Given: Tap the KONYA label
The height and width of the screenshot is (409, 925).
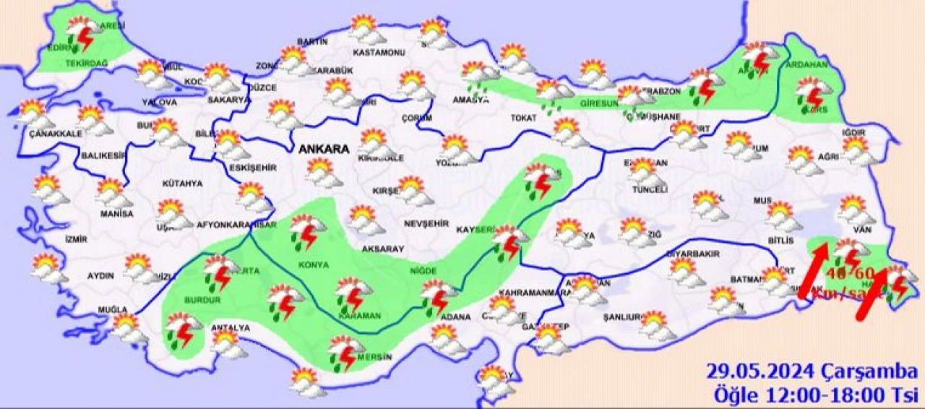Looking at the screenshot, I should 313,264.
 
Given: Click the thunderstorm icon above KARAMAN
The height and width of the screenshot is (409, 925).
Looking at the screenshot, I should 353,292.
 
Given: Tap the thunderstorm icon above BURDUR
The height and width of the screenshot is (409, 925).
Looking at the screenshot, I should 217,270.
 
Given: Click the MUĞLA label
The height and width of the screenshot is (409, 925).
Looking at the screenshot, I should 112,310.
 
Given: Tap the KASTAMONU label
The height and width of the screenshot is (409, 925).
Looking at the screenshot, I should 377,53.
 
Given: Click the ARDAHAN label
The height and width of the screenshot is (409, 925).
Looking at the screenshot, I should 805,64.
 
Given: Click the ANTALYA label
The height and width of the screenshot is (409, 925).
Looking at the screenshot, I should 230,328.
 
